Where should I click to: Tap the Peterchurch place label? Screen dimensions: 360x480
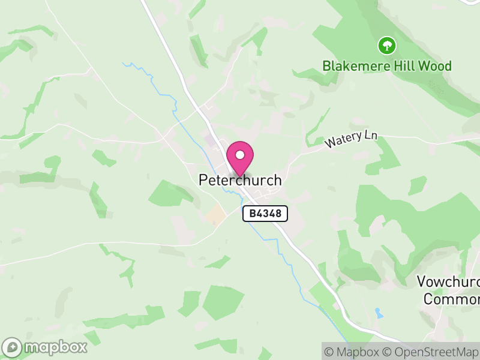(x=240, y=180)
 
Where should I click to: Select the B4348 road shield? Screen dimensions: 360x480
(x=265, y=213)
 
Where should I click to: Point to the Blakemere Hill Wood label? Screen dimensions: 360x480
(x=387, y=66)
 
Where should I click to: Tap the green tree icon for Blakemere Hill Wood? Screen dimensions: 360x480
(x=387, y=45)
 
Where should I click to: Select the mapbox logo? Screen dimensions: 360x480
(x=46, y=347)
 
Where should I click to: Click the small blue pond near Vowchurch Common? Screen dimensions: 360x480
(x=378, y=313)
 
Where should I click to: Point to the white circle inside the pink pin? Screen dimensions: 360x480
(x=240, y=155)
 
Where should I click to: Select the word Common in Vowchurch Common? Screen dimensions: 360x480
(x=451, y=298)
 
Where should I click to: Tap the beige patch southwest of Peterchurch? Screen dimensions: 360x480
(x=215, y=215)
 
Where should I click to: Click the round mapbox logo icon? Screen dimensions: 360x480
(x=12, y=347)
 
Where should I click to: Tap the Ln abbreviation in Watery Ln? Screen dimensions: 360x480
(x=370, y=136)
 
